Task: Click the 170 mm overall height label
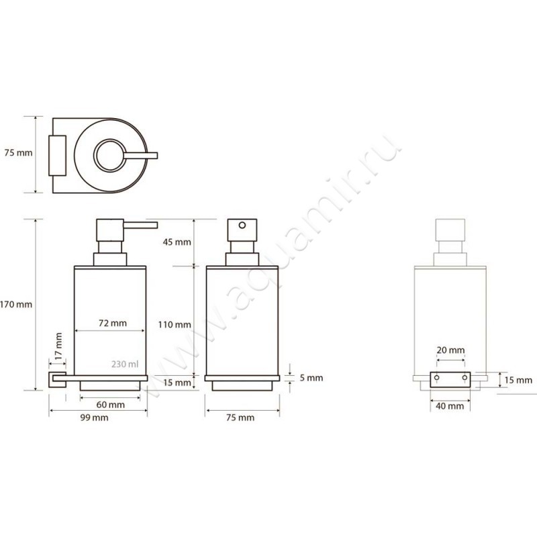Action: [x=16, y=304]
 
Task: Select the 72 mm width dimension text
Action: [x=112, y=323]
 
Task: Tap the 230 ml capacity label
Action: [x=125, y=364]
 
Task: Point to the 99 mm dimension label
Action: [x=94, y=418]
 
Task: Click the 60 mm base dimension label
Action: [x=110, y=405]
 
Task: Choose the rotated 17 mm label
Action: [x=58, y=346]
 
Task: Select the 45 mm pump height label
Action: [x=177, y=242]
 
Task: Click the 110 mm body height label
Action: [x=175, y=324]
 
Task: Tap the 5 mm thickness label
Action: [x=311, y=378]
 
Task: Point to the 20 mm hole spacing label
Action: [x=450, y=350]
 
